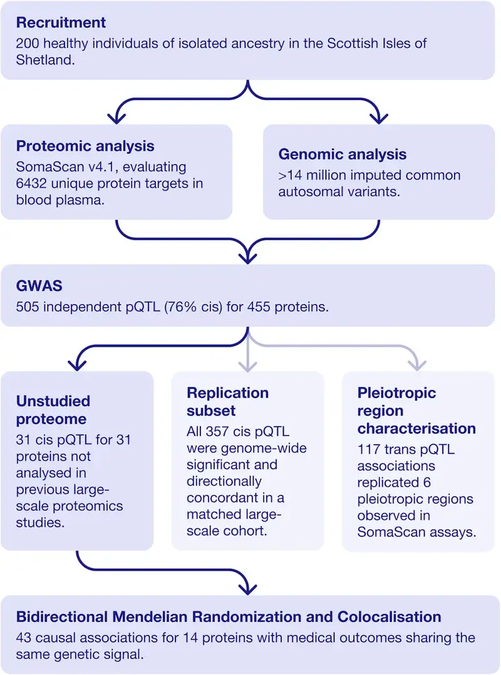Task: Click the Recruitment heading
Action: coord(61,23)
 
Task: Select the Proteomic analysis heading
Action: coord(85,146)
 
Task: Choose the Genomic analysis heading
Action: coord(343,154)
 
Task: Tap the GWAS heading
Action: coord(34,286)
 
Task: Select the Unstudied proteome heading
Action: coord(53,409)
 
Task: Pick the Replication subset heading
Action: coord(227,401)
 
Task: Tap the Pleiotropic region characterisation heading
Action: coord(416,411)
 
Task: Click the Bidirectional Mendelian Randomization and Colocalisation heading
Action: coord(228,616)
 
